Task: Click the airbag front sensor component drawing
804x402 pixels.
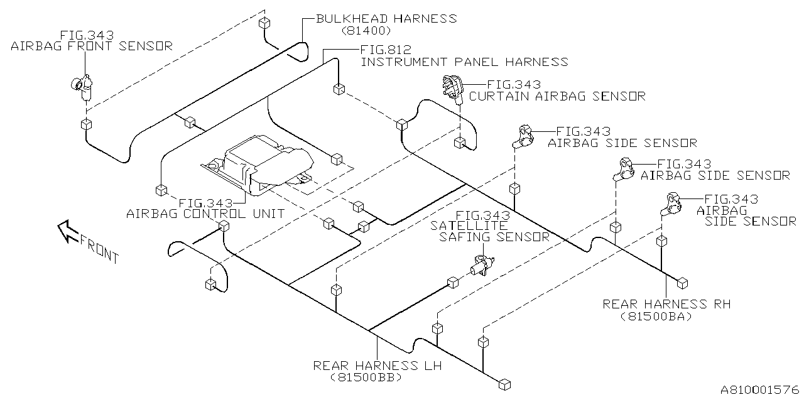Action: tap(82, 86)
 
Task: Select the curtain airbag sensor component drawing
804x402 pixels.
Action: tap(452, 87)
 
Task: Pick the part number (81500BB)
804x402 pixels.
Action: tap(365, 378)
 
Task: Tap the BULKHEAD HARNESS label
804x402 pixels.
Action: tap(386, 18)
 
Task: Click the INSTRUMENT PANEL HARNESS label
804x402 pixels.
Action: tap(464, 62)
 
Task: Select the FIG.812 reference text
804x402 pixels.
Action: tap(386, 49)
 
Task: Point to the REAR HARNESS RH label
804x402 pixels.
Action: tap(666, 304)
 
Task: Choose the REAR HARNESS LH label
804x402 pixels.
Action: tap(377, 365)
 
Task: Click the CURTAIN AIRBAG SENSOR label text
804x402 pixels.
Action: tap(557, 96)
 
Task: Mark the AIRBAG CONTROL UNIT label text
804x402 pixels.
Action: tap(205, 214)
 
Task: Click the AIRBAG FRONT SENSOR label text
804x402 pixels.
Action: tap(92, 46)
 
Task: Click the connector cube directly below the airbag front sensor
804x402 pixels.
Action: tap(86, 124)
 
